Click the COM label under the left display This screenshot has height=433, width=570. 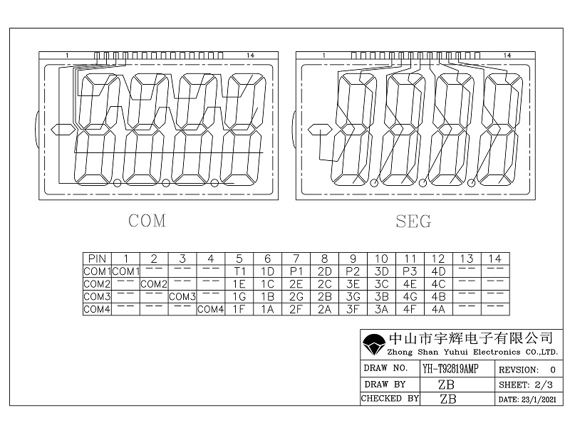147,221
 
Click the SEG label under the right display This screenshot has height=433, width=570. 413,221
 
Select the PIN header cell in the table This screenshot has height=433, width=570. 97,258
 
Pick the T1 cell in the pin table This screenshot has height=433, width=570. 239,271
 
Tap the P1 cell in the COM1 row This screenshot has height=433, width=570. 296,271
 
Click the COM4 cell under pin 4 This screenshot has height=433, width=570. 210,309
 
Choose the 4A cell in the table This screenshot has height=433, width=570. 438,309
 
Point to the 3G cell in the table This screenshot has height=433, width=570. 353,296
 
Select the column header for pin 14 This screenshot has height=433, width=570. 495,258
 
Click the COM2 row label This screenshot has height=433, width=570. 97,283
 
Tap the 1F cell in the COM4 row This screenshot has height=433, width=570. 239,309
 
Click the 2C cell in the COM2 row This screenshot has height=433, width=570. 324,283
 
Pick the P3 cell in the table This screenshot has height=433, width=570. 410,271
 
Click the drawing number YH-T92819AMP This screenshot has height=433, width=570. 450,369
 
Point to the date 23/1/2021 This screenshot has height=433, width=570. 527,400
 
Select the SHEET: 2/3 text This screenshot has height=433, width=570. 527,385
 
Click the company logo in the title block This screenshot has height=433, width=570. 373,345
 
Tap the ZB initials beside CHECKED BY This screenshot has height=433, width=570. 448,399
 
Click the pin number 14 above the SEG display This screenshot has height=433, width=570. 507,55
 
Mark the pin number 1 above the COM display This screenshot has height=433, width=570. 67,55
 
